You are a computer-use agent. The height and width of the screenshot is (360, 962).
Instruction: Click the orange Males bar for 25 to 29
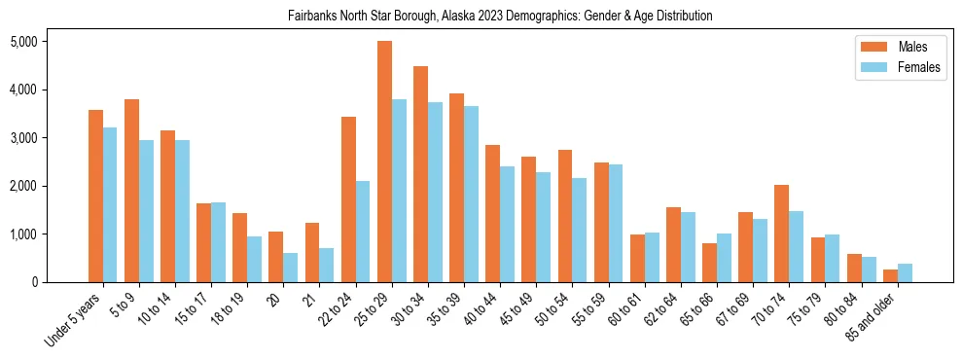(x=384, y=162)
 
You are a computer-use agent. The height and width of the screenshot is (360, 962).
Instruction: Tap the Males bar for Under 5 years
(x=95, y=196)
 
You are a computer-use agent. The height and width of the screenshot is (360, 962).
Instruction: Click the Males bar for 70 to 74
(x=782, y=234)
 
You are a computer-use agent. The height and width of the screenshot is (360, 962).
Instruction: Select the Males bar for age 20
(x=275, y=257)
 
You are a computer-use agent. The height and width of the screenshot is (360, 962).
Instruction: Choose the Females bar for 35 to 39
(x=471, y=194)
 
